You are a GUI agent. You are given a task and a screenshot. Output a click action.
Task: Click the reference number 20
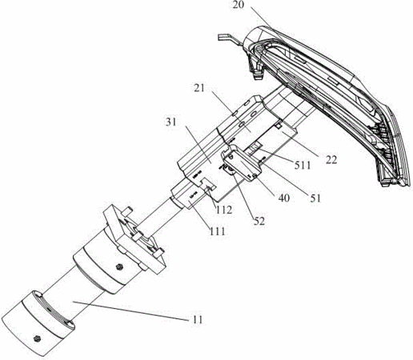pyautogui.click(x=239, y=5)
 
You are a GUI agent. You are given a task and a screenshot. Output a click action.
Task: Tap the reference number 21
pyautogui.click(x=199, y=88)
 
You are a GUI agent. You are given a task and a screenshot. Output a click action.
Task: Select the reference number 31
pyautogui.click(x=171, y=122)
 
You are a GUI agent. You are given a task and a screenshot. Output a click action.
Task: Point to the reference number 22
pyautogui.click(x=331, y=160)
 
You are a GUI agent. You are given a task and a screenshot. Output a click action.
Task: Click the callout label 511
pyautogui.click(x=303, y=166)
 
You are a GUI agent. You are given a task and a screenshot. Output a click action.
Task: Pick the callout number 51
pyautogui.click(x=315, y=198)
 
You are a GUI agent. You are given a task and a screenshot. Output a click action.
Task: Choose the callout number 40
pyautogui.click(x=283, y=198)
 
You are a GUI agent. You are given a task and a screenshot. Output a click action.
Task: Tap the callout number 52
pyautogui.click(x=259, y=221)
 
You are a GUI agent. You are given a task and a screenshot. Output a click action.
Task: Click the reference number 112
pyautogui.click(x=223, y=210)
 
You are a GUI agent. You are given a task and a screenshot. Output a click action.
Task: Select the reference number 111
pyautogui.click(x=217, y=231)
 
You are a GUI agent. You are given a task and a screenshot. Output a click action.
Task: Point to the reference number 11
pyautogui.click(x=197, y=320)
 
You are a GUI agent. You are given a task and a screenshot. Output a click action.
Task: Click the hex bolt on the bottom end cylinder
pyautogui.click(x=37, y=338)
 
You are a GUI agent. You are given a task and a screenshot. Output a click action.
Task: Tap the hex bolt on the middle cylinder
pyautogui.click(x=119, y=266)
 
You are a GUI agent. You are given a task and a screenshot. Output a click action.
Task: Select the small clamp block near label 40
pyautogui.click(x=242, y=162)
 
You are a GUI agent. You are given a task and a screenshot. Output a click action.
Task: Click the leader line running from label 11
pyautogui.click(x=130, y=310)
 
